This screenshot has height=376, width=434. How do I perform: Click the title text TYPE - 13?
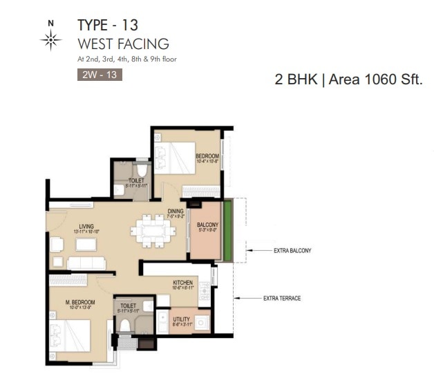tap(108, 26)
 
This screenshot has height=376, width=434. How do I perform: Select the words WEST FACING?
tap(123, 45)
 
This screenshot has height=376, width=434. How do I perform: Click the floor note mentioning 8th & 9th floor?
tap(126, 59)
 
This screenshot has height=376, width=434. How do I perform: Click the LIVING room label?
tap(86, 226)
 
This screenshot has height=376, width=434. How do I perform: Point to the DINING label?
tap(175, 212)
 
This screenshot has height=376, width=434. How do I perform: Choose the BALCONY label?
tap(207, 225)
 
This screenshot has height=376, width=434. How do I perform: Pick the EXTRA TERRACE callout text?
tap(282, 299)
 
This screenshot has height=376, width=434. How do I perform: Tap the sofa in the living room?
tap(86, 262)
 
